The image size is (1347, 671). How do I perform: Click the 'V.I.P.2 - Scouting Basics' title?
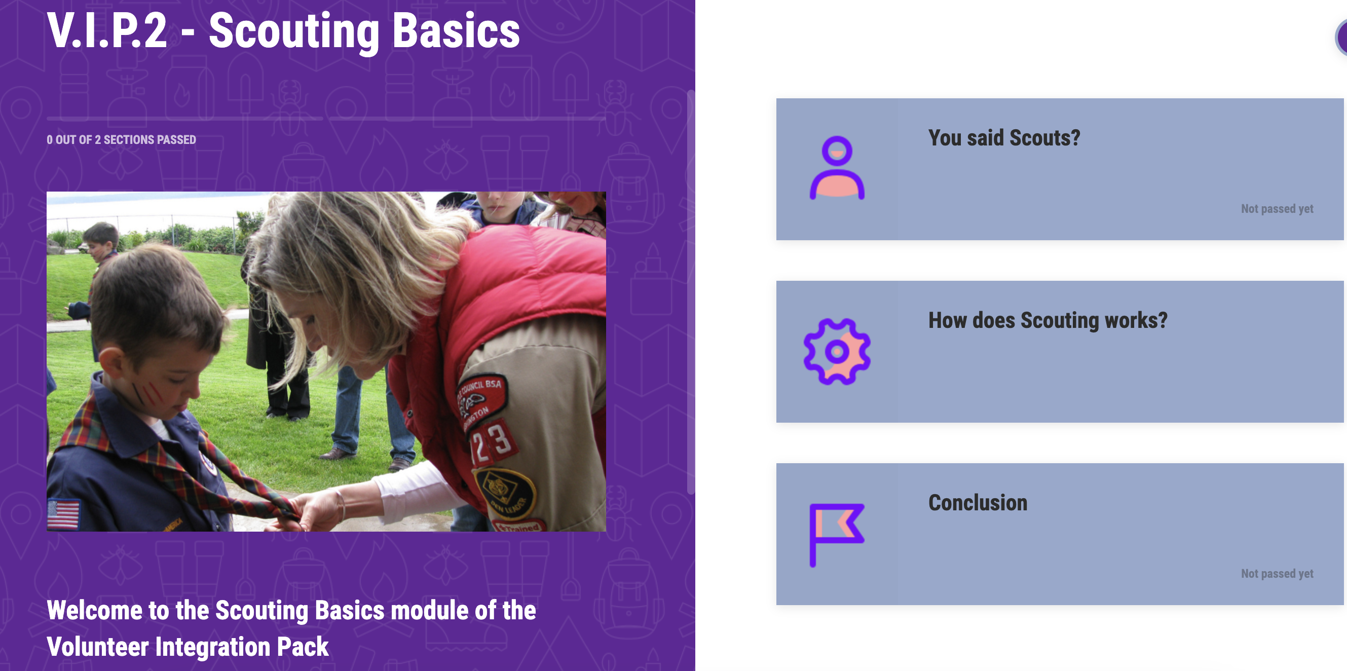click(283, 31)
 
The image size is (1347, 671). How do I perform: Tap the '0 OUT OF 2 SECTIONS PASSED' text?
click(121, 140)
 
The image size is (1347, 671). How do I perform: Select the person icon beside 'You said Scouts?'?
click(837, 168)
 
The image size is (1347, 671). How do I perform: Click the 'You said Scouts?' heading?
click(1004, 138)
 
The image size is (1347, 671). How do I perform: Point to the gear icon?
click(837, 351)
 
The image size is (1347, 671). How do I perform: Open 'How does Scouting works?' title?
click(1048, 321)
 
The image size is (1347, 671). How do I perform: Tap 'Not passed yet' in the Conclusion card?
click(1277, 574)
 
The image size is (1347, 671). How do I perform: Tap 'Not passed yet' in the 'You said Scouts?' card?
click(1277, 209)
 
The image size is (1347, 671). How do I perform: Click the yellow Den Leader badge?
click(505, 494)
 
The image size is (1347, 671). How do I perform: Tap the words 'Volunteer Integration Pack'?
click(188, 647)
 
